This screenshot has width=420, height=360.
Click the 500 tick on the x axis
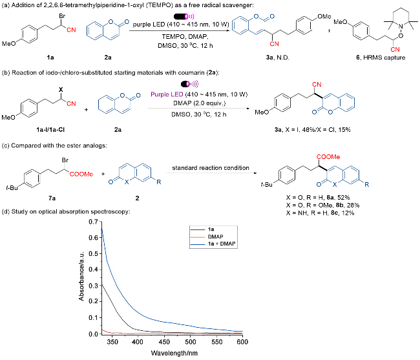tap(191, 341)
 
